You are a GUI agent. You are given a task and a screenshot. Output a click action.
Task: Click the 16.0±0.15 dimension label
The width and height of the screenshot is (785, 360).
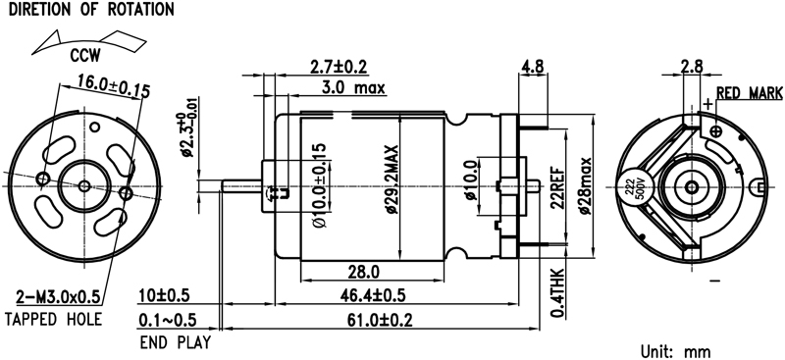114,86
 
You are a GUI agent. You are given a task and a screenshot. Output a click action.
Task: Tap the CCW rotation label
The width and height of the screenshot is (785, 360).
85,56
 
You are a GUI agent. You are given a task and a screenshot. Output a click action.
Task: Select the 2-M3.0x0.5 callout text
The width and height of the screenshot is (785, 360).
58,297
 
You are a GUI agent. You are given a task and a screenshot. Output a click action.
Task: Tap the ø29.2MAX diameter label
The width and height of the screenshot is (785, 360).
392,180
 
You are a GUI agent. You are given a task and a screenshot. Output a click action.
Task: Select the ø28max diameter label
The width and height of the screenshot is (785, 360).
585,185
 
